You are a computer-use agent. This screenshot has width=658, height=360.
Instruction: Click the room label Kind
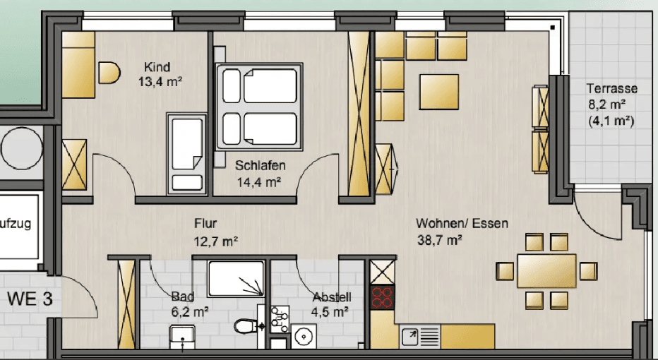click(x=157, y=67)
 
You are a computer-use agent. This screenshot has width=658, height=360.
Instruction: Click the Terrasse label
click(x=611, y=89)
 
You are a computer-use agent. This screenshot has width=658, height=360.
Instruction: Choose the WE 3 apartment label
click(x=30, y=299)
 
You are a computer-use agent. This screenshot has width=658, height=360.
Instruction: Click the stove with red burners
click(x=383, y=297)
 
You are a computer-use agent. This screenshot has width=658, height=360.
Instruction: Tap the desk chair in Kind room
click(x=109, y=73)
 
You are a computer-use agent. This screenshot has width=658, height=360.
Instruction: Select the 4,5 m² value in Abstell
click(x=331, y=311)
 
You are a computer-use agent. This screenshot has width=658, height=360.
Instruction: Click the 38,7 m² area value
click(x=440, y=239)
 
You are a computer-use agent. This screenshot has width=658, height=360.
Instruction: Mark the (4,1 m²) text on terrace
click(x=611, y=121)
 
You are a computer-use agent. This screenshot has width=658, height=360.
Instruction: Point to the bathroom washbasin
click(x=183, y=337)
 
